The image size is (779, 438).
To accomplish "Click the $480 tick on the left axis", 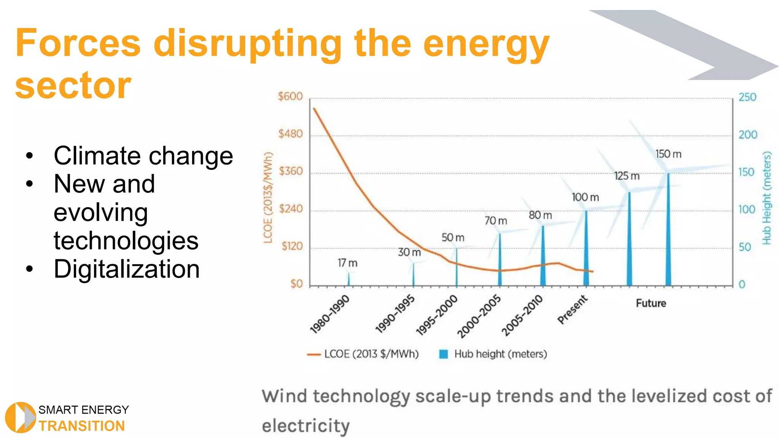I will (x=290, y=134).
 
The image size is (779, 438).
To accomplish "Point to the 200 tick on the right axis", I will (x=747, y=135).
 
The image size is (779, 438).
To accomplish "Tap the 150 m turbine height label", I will (x=668, y=154).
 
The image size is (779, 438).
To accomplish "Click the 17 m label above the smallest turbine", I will (x=347, y=263).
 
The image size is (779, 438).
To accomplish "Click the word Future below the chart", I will (x=651, y=303).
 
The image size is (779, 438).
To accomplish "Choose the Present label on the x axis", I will (x=572, y=310).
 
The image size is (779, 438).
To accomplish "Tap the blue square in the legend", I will (x=443, y=354).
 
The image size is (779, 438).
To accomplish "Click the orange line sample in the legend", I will (x=314, y=354).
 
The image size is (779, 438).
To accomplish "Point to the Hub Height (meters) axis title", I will (x=766, y=198).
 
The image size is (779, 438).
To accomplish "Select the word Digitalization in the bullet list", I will (x=127, y=269).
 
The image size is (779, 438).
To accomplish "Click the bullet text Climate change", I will (x=143, y=156).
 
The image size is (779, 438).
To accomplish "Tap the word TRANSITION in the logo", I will (x=81, y=426).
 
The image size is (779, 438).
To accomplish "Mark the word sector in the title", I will (x=73, y=86).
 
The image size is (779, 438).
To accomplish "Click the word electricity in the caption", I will (x=305, y=425).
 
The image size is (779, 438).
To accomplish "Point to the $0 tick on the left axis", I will (x=296, y=284).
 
